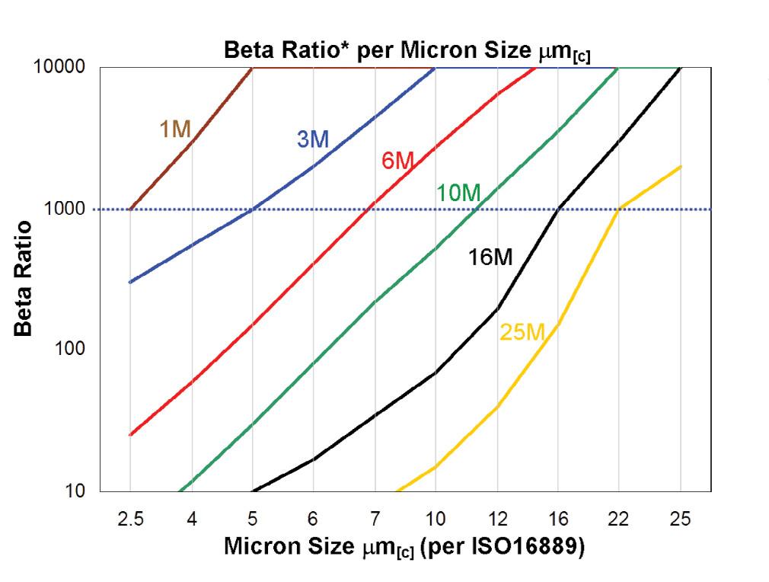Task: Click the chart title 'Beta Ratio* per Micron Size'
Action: (407, 52)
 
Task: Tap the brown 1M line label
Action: (175, 130)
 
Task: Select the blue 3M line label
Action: (312, 139)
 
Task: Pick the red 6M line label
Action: (397, 161)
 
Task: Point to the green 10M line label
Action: (458, 193)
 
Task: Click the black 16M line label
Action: (490, 257)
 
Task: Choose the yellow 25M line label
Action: (522, 331)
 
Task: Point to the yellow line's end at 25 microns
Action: (680, 166)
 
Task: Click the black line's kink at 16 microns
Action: (558, 209)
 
